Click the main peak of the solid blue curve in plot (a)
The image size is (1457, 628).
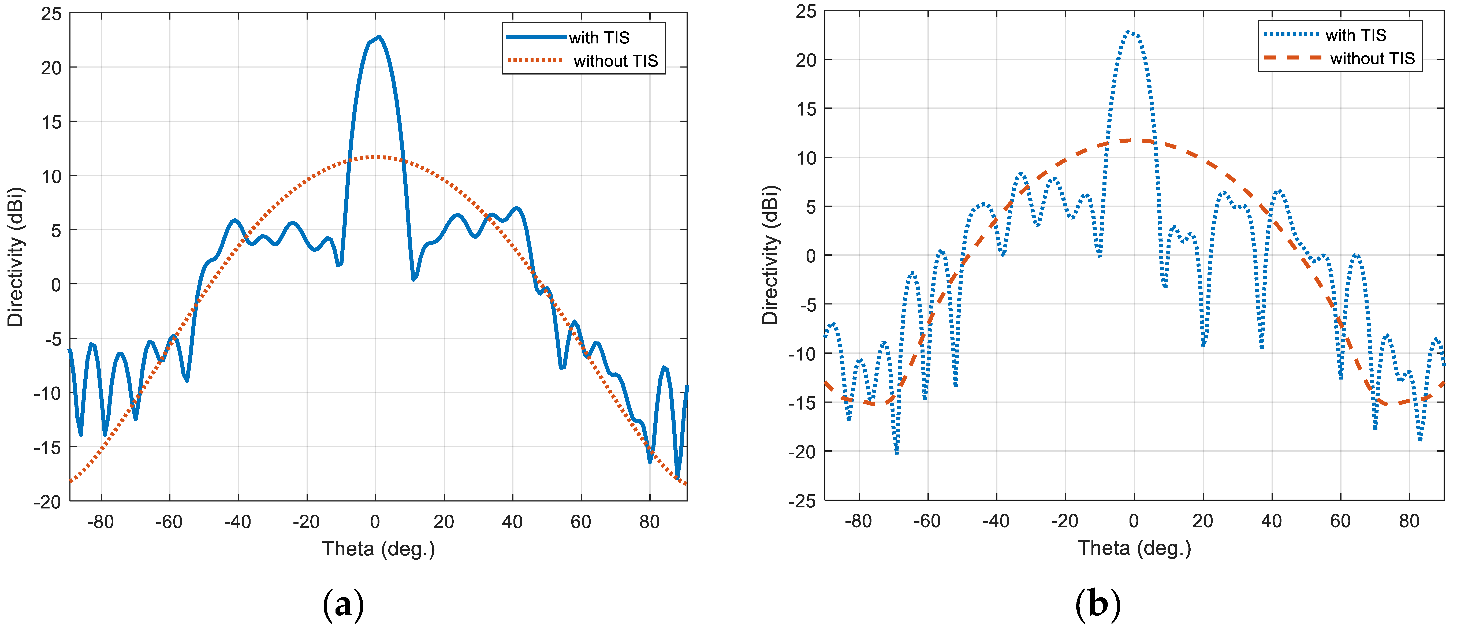378,37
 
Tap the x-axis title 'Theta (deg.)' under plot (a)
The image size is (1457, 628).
378,549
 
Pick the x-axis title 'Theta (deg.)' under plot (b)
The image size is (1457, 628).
1134,548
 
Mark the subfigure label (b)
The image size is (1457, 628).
1097,604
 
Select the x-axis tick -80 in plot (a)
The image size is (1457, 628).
101,522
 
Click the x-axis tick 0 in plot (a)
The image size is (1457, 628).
375,522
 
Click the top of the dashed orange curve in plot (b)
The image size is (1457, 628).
1134,140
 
